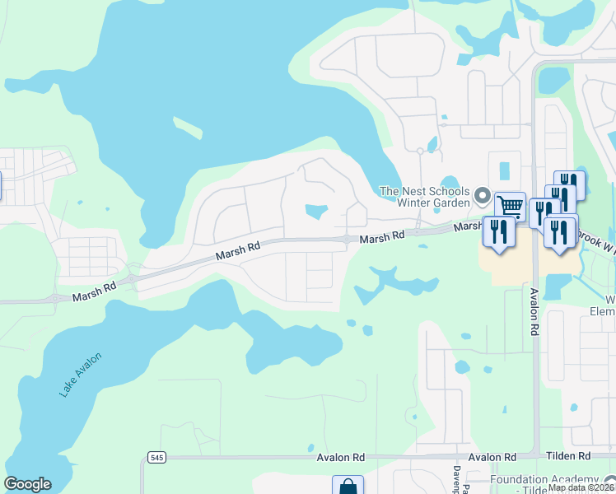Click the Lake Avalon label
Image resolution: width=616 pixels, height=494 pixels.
pyautogui.click(x=81, y=375)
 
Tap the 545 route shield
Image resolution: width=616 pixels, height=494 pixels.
pyautogui.click(x=156, y=457)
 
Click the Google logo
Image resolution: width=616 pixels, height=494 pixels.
pyautogui.click(x=27, y=484)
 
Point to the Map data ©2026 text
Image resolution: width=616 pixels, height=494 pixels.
pyautogui.click(x=581, y=487)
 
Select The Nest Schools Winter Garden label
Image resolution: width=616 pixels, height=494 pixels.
pyautogui.click(x=424, y=197)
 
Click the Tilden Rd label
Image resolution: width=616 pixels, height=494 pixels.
pyautogui.click(x=572, y=456)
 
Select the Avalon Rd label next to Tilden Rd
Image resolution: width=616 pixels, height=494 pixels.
pyautogui.click(x=492, y=457)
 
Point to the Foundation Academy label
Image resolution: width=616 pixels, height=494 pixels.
pyautogui.click(x=544, y=480)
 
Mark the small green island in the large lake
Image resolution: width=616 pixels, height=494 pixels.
pyautogui.click(x=188, y=128)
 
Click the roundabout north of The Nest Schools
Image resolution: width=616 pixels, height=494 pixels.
pyautogui.click(x=420, y=151)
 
